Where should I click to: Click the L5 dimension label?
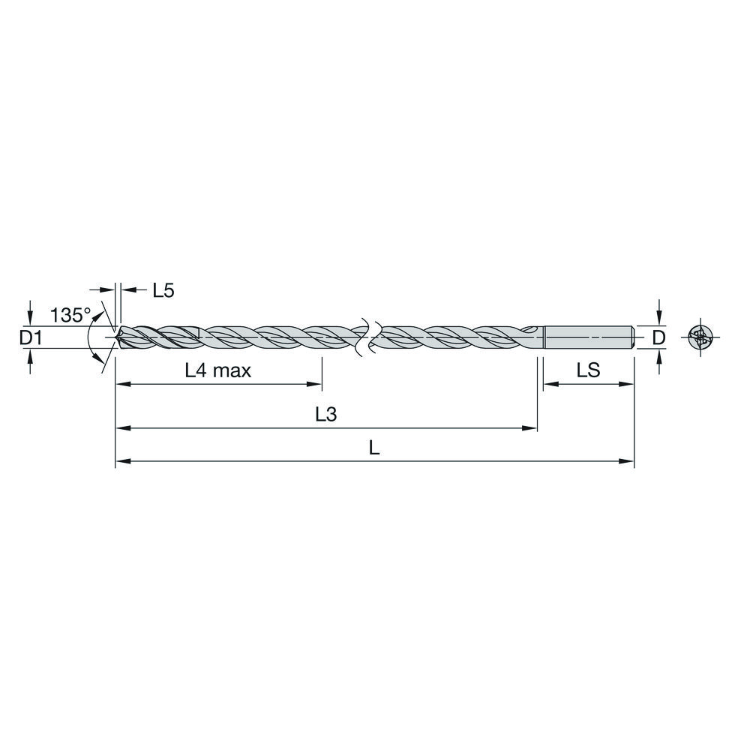[163, 290]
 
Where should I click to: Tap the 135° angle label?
[70, 315]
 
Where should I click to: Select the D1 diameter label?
[31, 338]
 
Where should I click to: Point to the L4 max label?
[218, 370]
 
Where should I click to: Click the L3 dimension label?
[326, 414]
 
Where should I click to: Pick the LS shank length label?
[588, 370]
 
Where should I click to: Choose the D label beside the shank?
[659, 338]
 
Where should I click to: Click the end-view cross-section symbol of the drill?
[700, 337]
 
